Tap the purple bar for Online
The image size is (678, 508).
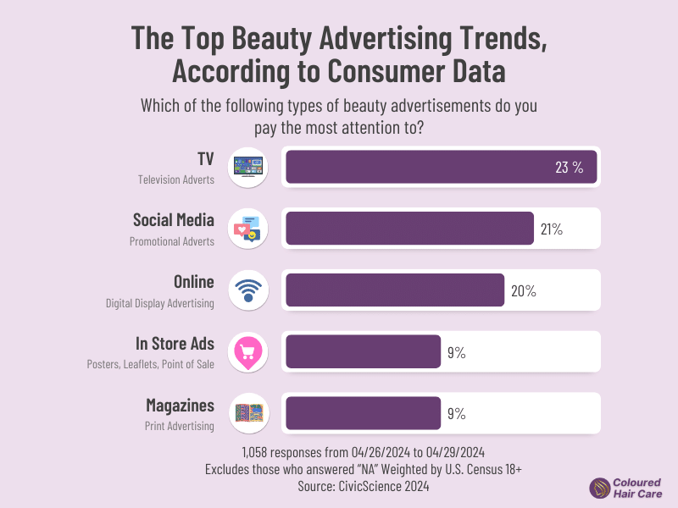(395, 290)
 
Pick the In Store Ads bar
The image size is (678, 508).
(363, 351)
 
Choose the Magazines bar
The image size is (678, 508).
(363, 413)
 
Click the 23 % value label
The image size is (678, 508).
(569, 167)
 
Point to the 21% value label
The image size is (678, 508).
(550, 229)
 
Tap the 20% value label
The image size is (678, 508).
(523, 290)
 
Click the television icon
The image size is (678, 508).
(248, 166)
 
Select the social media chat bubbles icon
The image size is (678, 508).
(248, 229)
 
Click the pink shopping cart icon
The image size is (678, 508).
(248, 352)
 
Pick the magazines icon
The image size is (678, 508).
(248, 413)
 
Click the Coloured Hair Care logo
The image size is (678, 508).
(626, 488)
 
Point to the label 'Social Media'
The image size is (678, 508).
(173, 220)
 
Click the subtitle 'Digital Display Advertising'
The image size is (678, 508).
(160, 302)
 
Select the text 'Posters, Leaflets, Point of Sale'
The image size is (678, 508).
(150, 364)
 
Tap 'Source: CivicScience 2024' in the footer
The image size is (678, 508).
(338, 487)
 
